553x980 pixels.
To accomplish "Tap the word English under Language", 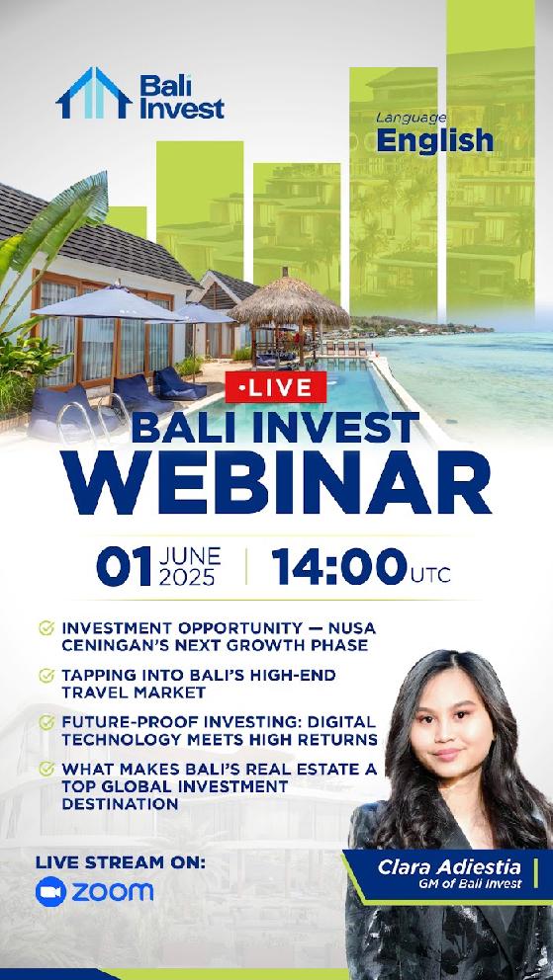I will coord(434,140).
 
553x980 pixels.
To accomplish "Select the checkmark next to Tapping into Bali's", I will coord(46,676).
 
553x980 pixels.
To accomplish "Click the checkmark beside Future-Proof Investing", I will coord(46,722).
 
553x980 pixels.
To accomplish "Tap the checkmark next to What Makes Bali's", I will coord(46,768).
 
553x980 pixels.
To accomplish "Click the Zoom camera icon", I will coord(50,892).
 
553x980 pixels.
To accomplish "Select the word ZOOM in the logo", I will coord(112,892).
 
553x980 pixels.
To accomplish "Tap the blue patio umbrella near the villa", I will coord(109,301).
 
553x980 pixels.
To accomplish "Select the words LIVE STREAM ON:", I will coord(121,861).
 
